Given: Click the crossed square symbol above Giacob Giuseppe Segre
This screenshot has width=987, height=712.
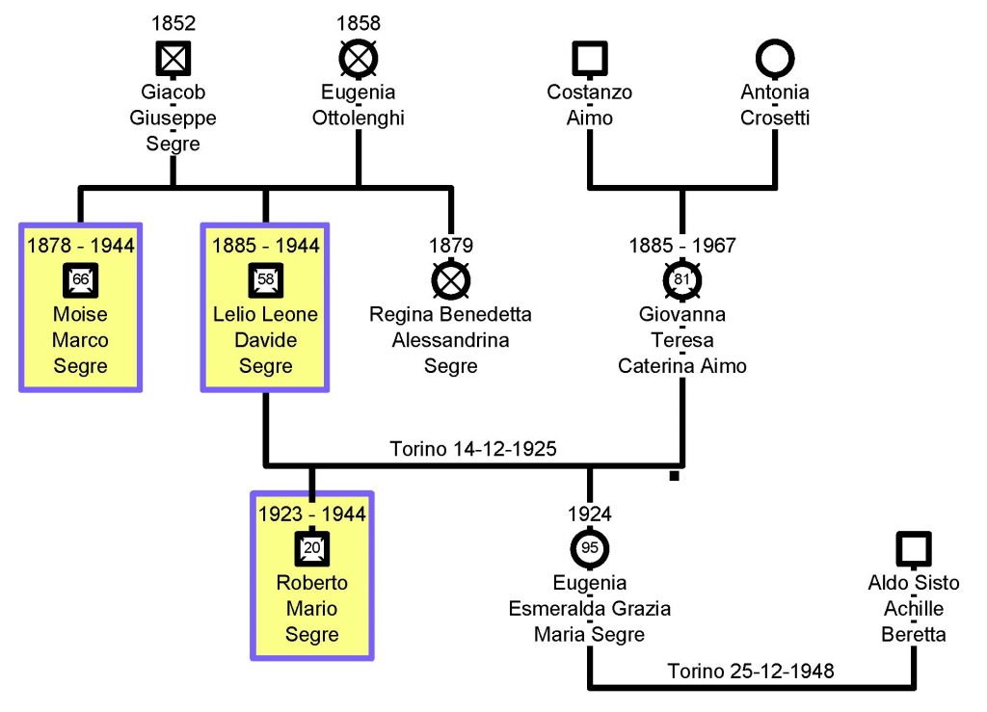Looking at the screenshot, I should pyautogui.click(x=173, y=60).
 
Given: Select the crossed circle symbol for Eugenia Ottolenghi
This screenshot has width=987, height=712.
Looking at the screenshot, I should pyautogui.click(x=358, y=60).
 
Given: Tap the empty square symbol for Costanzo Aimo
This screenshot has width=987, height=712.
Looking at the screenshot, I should pyautogui.click(x=589, y=60).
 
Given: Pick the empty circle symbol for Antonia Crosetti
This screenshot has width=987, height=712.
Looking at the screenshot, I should pyautogui.click(x=775, y=60).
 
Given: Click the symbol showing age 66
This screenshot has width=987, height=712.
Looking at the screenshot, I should pyautogui.click(x=81, y=280).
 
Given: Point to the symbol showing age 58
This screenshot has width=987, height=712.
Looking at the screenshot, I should pyautogui.click(x=265, y=280).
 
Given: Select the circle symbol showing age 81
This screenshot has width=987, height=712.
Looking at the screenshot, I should pyautogui.click(x=682, y=280).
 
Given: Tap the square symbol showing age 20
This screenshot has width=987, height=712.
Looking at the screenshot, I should pyautogui.click(x=312, y=548).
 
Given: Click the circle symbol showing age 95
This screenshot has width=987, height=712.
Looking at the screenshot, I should pyautogui.click(x=590, y=548).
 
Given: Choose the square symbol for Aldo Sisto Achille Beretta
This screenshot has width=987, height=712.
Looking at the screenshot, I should pyautogui.click(x=914, y=549).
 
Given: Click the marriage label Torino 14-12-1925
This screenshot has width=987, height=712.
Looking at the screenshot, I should pyautogui.click(x=473, y=449).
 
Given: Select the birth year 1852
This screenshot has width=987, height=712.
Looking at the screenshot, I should pyautogui.click(x=173, y=22).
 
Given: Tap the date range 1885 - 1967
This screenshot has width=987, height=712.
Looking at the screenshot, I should pyautogui.click(x=682, y=246).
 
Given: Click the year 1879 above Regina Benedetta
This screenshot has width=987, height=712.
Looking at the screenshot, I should pyautogui.click(x=450, y=246).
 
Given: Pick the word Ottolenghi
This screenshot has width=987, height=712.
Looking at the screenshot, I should pyautogui.click(x=358, y=119).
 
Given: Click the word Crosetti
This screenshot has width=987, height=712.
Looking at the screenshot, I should pyautogui.click(x=775, y=119).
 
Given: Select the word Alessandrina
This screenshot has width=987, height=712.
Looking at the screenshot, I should pyautogui.click(x=450, y=340).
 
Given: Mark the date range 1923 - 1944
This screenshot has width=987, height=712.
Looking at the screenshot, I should pyautogui.click(x=312, y=514).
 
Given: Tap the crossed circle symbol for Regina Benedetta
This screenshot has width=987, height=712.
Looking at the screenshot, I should pyautogui.click(x=450, y=280).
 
